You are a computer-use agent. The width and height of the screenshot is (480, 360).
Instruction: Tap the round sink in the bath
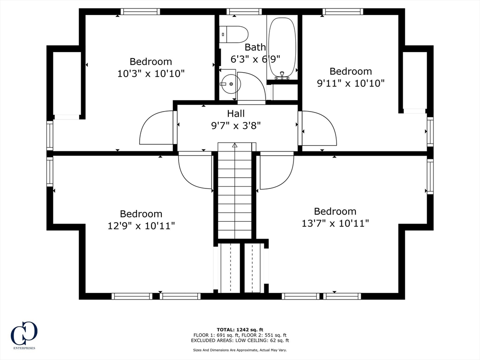click(230, 83)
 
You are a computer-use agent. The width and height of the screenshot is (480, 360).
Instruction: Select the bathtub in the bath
click(282, 47)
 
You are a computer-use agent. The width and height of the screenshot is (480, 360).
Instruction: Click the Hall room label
click(236, 113)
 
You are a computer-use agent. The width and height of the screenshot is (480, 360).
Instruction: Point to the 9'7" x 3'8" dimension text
click(236, 126)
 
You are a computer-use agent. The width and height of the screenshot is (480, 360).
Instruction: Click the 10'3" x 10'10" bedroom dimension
click(151, 74)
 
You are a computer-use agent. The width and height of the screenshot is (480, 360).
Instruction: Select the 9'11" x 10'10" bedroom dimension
click(351, 83)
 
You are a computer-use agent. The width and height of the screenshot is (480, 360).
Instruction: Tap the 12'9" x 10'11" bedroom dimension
click(141, 226)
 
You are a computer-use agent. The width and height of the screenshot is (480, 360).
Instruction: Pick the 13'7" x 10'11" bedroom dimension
click(335, 223)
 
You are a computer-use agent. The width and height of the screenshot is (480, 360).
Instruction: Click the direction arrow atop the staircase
click(235, 145)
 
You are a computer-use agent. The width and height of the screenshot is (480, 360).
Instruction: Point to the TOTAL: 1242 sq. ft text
click(240, 330)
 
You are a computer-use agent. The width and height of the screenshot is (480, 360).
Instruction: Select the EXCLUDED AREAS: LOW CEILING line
click(240, 340)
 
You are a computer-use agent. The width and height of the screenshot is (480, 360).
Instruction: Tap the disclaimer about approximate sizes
click(240, 350)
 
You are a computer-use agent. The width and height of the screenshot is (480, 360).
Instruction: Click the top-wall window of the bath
click(244, 12)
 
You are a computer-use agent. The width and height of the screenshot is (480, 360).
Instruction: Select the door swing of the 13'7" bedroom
click(277, 171)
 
